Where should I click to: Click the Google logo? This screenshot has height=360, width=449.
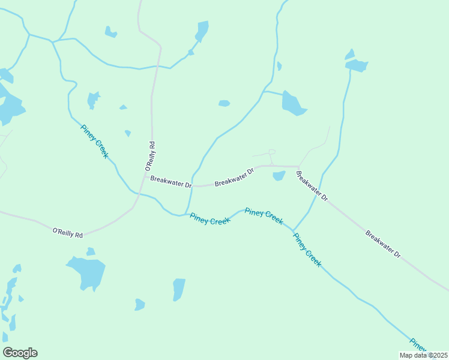[x=20, y=353]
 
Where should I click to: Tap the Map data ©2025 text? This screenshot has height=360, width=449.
[x=424, y=355]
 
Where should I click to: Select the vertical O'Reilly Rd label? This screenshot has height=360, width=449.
[x=152, y=154]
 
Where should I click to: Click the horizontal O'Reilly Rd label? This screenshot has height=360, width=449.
[x=67, y=233]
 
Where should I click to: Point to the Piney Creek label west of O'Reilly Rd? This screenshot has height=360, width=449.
[x=94, y=141]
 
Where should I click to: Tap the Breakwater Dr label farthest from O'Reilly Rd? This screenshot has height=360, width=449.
[x=383, y=243]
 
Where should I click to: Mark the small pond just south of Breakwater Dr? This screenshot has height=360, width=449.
[x=279, y=176]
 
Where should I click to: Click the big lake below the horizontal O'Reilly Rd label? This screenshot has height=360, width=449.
[x=87, y=272]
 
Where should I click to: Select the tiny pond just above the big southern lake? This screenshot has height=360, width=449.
[x=90, y=251]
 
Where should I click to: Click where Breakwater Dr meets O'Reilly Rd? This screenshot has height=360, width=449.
[x=145, y=176]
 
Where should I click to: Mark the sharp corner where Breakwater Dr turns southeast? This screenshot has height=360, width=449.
[x=298, y=167]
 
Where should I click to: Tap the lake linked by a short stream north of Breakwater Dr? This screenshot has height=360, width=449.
[x=293, y=104]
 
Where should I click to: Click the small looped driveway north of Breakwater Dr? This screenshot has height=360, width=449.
[x=271, y=152]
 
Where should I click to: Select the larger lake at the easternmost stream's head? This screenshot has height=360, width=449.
[x=357, y=65]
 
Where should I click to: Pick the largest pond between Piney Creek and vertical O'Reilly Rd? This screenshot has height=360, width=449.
[x=93, y=99]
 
